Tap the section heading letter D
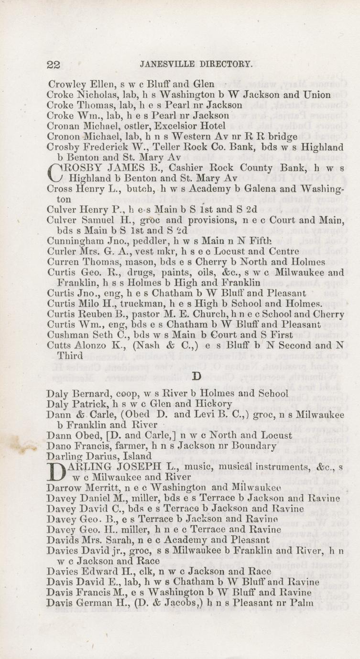(196, 377)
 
